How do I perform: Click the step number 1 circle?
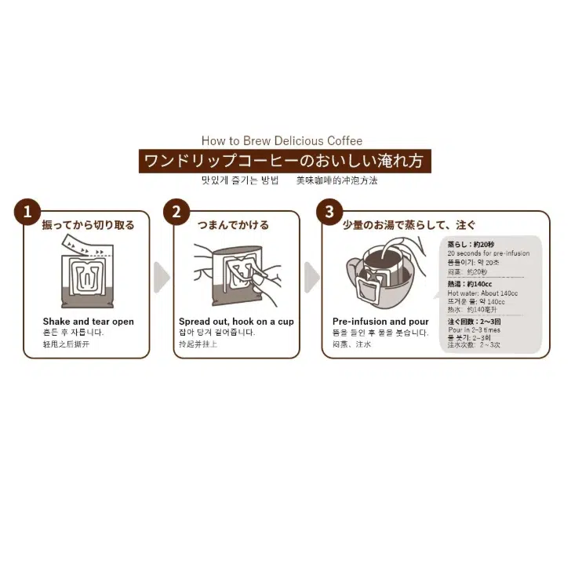click(x=27, y=211)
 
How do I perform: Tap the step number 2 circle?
click(x=176, y=211)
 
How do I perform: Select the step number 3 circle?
click(x=329, y=211)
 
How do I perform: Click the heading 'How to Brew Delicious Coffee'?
click(x=282, y=141)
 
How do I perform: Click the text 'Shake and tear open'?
click(x=88, y=322)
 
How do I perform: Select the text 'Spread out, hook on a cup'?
click(x=236, y=322)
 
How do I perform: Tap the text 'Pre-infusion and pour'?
click(x=380, y=322)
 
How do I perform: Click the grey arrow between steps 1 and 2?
click(x=162, y=277)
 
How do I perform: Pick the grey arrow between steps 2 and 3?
click(x=312, y=277)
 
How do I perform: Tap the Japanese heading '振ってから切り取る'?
click(x=88, y=225)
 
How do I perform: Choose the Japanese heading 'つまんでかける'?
click(x=233, y=225)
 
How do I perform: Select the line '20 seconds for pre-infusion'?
click(x=488, y=253)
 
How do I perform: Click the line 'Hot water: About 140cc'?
click(x=482, y=293)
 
